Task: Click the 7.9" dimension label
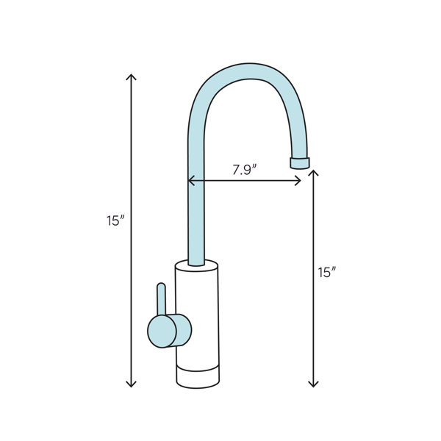[244, 170]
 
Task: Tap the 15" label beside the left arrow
[116, 220]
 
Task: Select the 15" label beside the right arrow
[326, 272]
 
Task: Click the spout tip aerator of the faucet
[300, 162]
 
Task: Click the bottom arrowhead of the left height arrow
[131, 384]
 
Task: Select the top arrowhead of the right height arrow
[314, 173]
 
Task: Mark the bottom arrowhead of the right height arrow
[314, 384]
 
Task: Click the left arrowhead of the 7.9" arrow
[191, 180]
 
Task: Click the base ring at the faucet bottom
[197, 376]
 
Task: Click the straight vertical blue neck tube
[196, 213]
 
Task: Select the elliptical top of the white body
[197, 265]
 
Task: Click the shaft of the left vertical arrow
[131, 294]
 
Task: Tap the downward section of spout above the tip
[300, 132]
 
